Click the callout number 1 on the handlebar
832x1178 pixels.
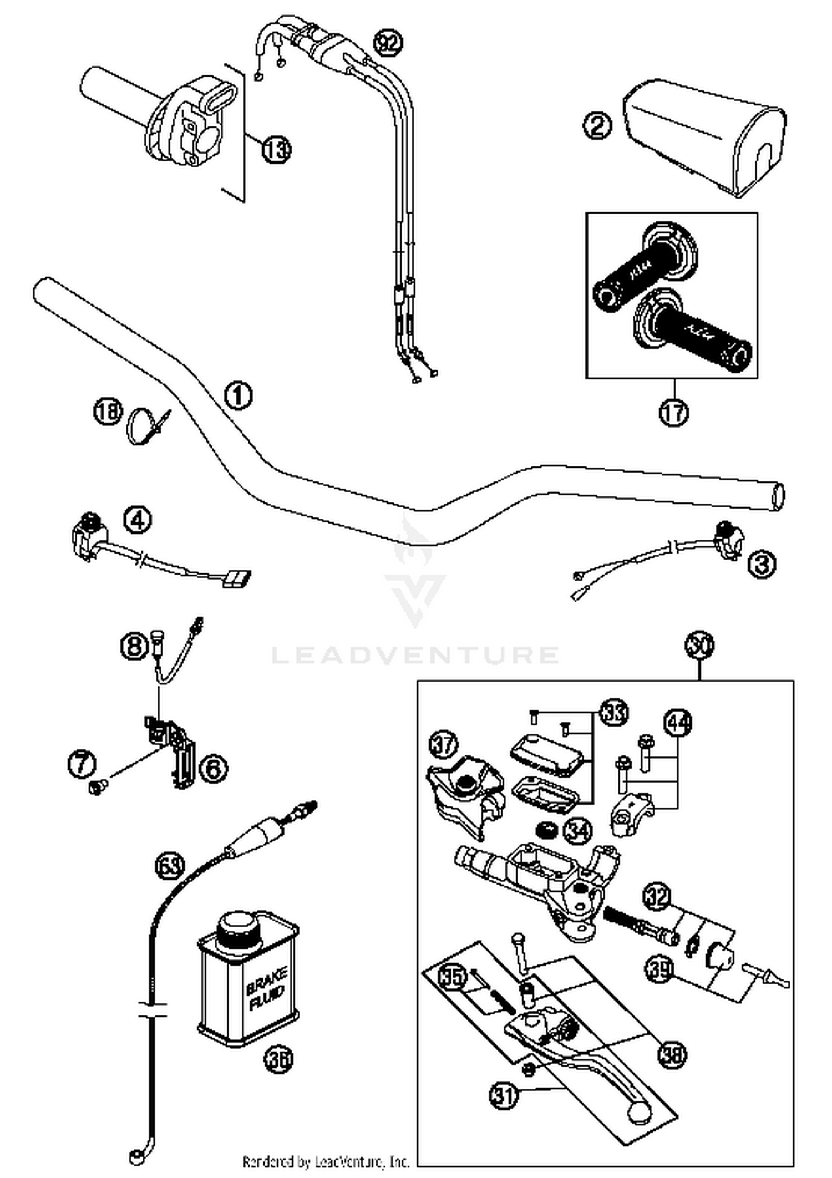coord(238,396)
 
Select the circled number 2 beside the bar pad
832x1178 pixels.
coord(597,125)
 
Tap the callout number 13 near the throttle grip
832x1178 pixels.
coord(276,149)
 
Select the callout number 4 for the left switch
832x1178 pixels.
coord(138,521)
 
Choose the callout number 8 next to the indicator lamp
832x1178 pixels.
coord(135,647)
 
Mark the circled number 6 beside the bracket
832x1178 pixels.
coord(214,768)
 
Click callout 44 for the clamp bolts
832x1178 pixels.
coord(678,723)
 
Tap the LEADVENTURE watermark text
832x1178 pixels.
coord(415,655)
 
